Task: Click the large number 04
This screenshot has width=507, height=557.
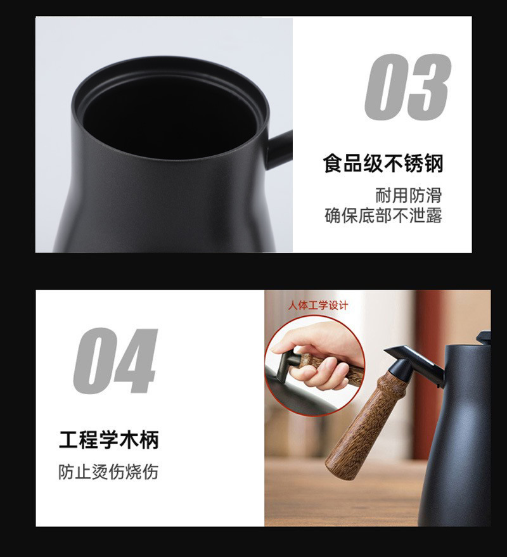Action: point(115,361)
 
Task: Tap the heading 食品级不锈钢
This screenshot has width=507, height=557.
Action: point(382,163)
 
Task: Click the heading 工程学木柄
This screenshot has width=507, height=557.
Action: point(108,440)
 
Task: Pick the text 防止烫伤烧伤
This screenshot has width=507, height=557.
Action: point(108,472)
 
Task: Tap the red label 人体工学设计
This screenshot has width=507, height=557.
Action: point(318,305)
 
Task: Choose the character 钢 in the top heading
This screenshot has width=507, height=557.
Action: point(432,163)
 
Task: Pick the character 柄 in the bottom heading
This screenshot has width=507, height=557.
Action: point(148,440)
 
